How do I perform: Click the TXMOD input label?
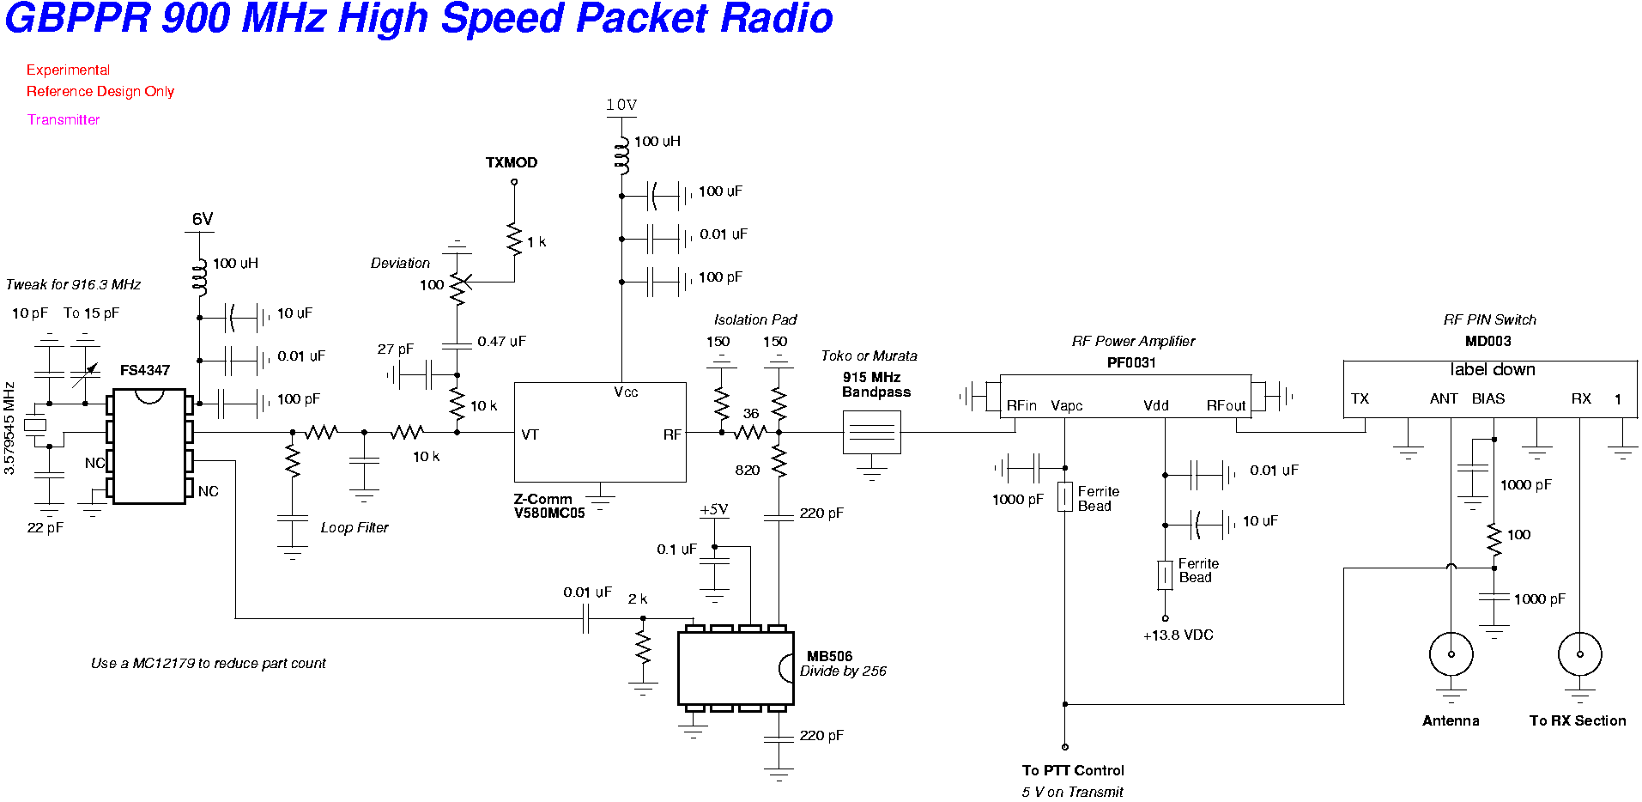(512, 162)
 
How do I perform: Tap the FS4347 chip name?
(145, 370)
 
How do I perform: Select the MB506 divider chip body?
(735, 668)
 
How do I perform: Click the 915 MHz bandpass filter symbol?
(871, 432)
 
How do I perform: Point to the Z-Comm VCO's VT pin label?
(530, 434)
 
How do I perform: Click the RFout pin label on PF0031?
(1226, 405)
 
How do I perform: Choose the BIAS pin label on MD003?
(1488, 398)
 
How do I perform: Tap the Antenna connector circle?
(1451, 654)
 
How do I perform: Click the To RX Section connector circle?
(1579, 654)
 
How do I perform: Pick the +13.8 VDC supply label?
(1178, 635)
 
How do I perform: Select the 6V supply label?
(203, 219)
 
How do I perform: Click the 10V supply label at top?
(621, 105)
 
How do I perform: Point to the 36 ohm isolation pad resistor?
(749, 432)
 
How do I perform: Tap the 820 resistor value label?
(747, 470)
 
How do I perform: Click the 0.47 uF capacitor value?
(501, 342)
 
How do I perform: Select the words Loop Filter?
(354, 527)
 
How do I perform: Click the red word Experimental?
(68, 70)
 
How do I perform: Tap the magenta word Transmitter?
(64, 119)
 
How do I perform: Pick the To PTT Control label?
(1073, 770)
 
